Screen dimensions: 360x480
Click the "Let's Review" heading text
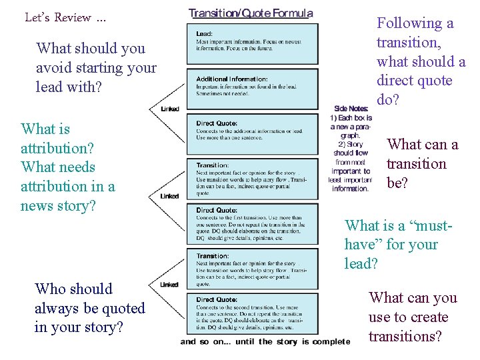click(65, 17)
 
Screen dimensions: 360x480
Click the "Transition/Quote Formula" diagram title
click(251, 13)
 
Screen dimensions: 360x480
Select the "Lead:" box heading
click(205, 34)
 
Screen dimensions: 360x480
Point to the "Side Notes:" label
click(351, 109)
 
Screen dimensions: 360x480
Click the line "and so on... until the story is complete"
click(265, 342)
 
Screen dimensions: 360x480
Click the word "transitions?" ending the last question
click(405, 337)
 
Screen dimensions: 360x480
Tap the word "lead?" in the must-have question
click(361, 264)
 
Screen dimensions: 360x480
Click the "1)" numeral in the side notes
click(334, 118)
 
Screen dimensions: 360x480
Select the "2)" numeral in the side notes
click(342, 144)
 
